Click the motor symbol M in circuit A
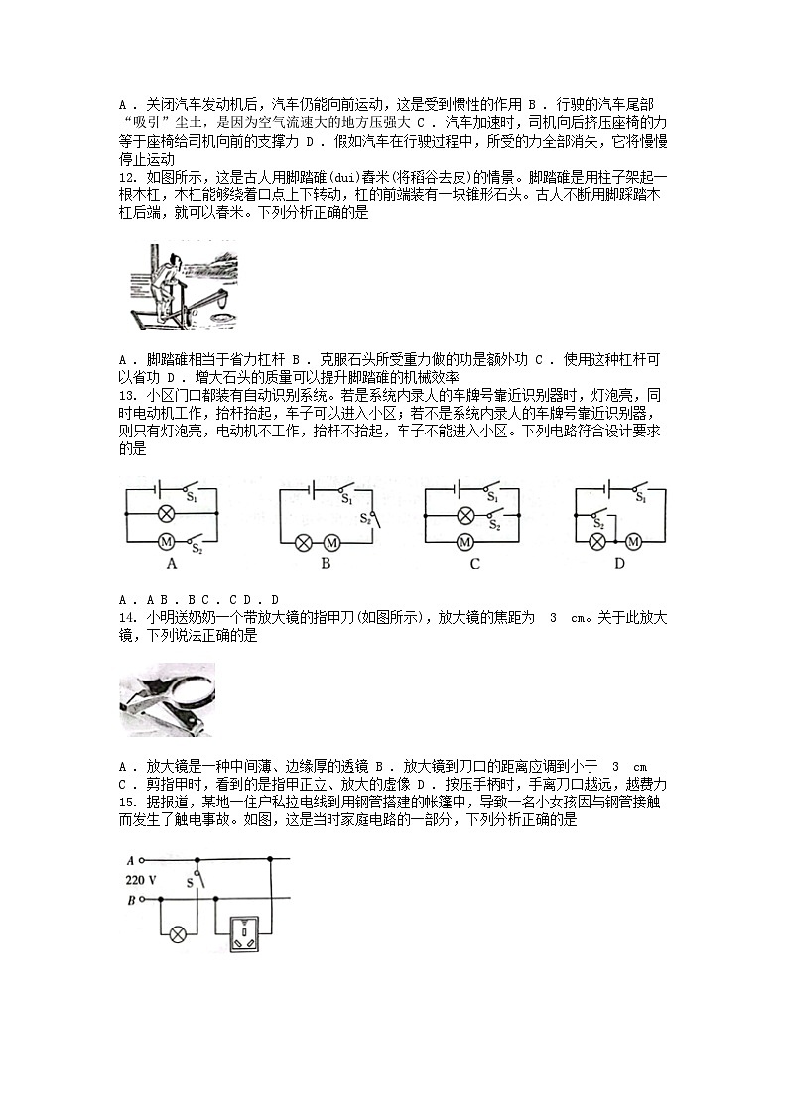167,541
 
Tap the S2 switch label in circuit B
364,518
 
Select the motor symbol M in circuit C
464,542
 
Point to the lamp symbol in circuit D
597,542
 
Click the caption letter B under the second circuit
325,565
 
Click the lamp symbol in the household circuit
179,934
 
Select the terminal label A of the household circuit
130,861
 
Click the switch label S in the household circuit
190,880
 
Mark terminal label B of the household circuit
130,900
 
